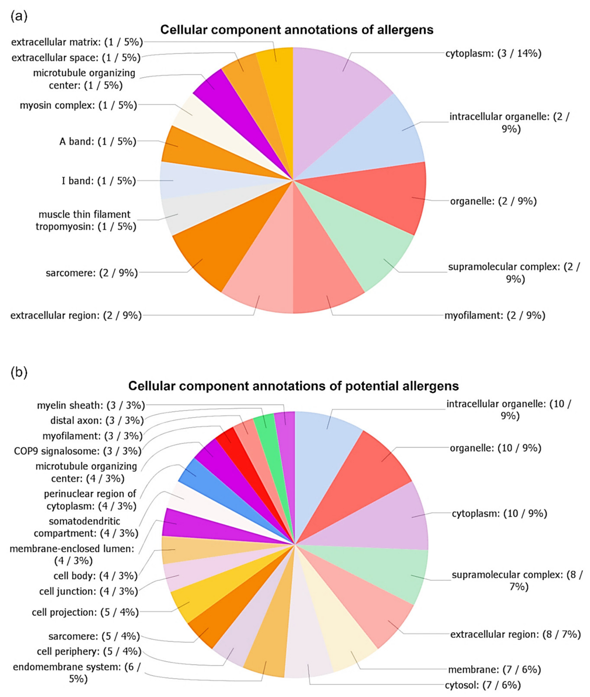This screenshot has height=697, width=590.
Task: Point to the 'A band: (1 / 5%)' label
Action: [98, 141]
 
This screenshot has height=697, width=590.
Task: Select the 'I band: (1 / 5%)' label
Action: [99, 181]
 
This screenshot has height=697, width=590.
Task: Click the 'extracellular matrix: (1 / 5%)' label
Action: [77, 42]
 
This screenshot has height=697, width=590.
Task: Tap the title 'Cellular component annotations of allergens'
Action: [297, 30]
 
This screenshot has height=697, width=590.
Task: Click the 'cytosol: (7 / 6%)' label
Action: [483, 685]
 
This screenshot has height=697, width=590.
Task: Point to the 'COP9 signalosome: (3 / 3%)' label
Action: [78, 451]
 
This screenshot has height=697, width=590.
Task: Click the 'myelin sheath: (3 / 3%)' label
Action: [91, 405]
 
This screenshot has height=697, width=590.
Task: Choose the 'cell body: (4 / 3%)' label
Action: [95, 576]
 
